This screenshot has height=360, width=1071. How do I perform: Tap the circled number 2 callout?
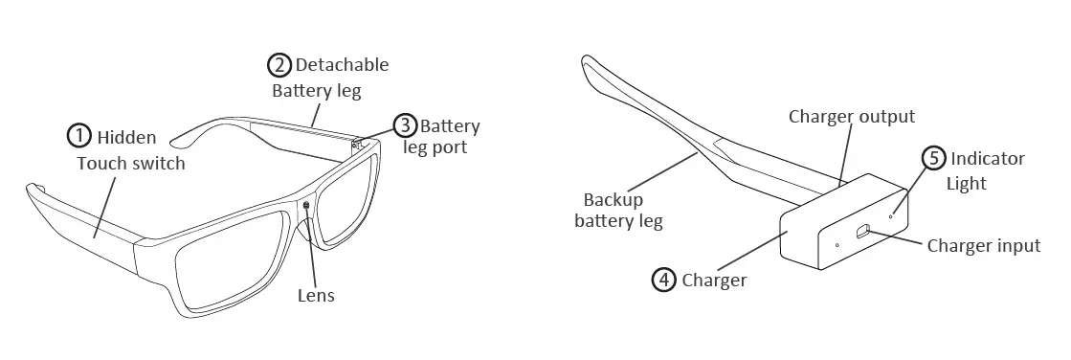(278, 65)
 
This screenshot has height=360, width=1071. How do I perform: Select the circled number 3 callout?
(405, 125)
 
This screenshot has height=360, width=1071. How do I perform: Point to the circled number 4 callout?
(664, 280)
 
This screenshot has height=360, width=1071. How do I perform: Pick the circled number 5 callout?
(933, 158)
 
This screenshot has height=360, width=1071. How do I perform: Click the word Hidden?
(126, 138)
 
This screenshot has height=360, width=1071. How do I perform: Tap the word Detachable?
(342, 65)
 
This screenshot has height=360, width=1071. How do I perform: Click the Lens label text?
(316, 295)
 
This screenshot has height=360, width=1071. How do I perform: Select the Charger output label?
(851, 117)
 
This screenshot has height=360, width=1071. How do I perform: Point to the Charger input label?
(983, 246)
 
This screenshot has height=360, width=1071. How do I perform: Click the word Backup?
(614, 200)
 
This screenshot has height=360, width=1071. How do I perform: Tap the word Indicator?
(988, 158)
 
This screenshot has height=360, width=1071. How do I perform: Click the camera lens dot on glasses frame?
(306, 206)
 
